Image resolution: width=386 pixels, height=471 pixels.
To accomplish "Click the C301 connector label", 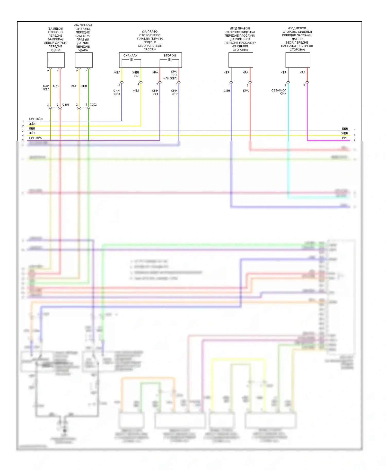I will tap(66, 105).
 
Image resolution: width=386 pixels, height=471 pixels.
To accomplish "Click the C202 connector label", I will tap(93, 105).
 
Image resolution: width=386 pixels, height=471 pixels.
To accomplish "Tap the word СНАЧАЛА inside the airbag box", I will tap(130, 56).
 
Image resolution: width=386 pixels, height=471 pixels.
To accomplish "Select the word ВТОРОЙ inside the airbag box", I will tap(170, 56).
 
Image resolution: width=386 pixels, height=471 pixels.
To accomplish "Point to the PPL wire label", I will tap(345, 138).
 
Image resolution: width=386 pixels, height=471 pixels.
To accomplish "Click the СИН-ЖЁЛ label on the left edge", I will tap(36, 119).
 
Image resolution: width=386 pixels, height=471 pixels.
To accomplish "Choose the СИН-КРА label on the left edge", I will tap(35, 138).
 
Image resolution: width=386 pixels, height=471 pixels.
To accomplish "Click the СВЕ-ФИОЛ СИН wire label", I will tap(279, 92).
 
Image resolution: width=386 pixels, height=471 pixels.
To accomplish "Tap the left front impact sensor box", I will tap(56, 60).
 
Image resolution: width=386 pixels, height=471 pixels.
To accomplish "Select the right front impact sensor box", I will tap(84, 60).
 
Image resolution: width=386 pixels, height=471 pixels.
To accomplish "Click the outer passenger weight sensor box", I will tap(241, 60).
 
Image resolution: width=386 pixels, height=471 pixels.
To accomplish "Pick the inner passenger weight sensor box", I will tap(298, 60).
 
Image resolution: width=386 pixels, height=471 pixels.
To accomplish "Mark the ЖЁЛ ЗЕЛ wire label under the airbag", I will tap(136, 74).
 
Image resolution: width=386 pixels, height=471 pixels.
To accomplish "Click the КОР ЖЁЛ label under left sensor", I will tap(46, 88).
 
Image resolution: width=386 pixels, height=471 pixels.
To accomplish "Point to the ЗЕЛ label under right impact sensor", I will tap(84, 86).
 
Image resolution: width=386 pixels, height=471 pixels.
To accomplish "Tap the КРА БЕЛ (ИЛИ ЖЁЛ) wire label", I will tap(170, 75).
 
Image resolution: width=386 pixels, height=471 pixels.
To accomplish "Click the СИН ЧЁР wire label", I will tap(174, 92).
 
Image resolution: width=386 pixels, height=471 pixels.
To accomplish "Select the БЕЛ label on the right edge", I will tap(345, 129).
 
